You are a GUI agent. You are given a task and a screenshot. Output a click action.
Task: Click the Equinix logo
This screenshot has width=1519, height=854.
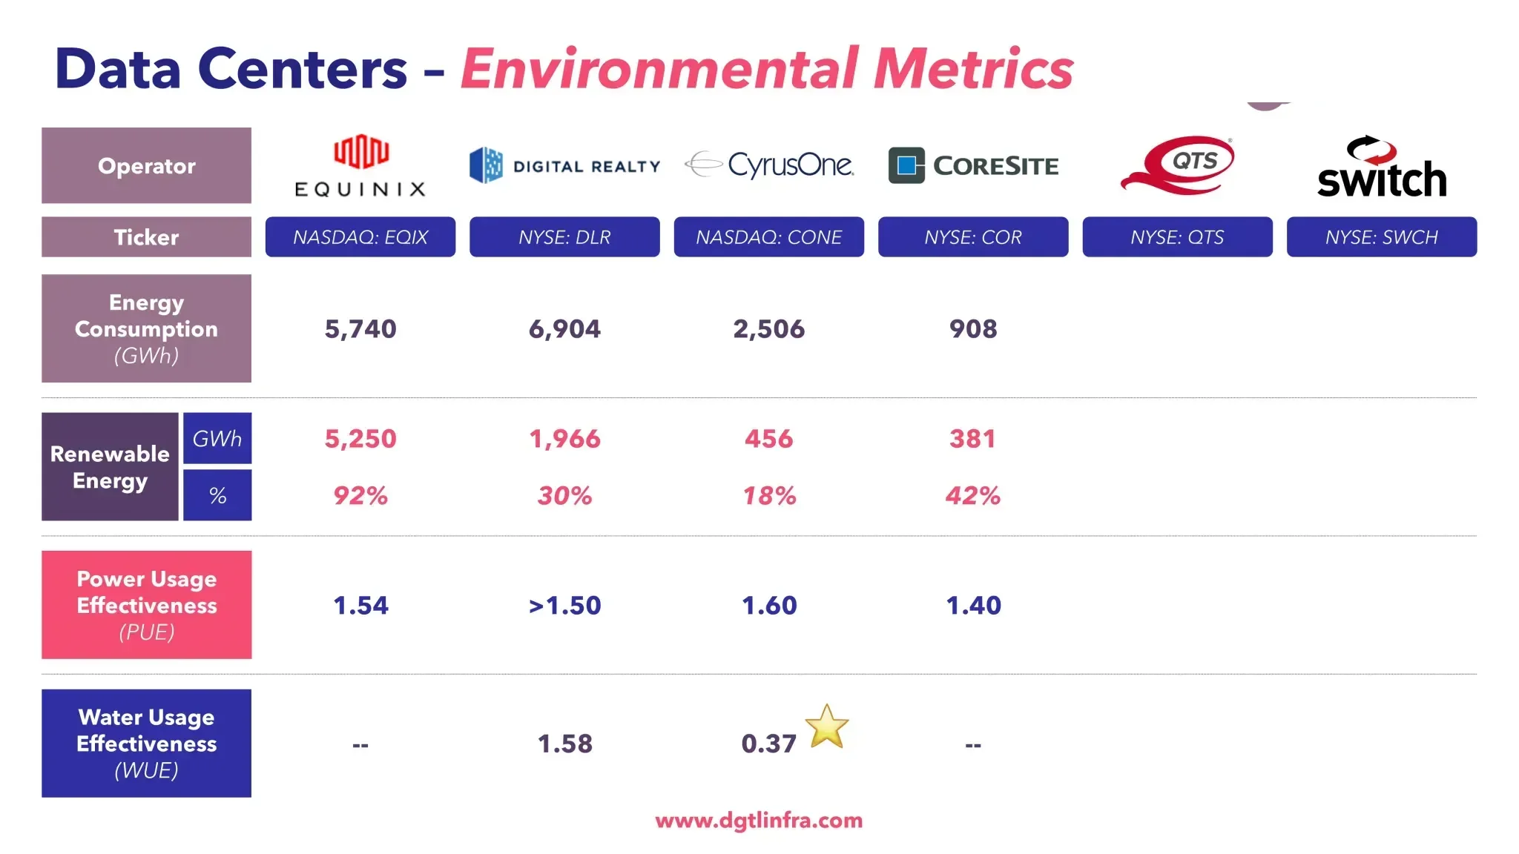360,166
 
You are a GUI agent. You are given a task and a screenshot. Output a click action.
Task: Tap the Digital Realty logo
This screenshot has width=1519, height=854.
564,165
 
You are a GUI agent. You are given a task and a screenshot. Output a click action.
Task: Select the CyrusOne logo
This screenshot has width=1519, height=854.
769,165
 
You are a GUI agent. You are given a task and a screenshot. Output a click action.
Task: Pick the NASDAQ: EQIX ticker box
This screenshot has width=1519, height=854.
360,237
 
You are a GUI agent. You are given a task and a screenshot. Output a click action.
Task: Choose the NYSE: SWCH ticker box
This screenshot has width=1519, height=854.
1381,237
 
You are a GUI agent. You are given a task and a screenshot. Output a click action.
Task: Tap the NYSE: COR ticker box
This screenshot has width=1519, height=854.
973,237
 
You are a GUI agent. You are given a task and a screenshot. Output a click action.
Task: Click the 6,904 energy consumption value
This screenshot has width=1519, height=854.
564,328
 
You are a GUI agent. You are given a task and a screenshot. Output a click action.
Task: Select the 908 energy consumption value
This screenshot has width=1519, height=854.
973,328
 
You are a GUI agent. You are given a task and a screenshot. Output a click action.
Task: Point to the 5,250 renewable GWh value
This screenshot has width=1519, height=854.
360,439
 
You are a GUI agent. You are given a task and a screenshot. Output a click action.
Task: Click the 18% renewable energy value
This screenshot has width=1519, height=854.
769,495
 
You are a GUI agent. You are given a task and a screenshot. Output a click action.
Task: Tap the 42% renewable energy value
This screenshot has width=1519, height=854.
973,495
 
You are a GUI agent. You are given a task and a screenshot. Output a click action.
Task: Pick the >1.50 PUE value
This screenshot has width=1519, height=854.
564,606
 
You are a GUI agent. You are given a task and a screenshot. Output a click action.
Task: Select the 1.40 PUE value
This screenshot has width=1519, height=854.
973,606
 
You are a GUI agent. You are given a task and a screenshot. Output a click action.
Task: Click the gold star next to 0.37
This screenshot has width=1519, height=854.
826,726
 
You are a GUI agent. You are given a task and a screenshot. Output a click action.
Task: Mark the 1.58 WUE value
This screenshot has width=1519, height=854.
564,744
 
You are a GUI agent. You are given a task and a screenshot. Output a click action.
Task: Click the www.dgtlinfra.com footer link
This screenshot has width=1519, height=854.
759,821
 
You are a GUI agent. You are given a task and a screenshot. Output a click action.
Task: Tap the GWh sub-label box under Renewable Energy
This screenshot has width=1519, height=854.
217,438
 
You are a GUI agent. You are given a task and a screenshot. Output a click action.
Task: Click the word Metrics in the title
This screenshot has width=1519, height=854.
973,69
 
